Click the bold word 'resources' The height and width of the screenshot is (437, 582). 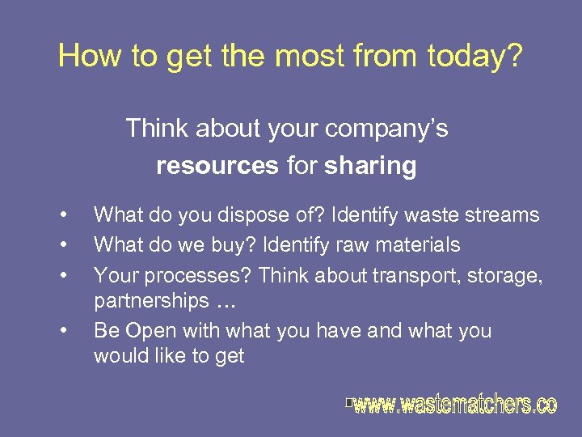[217, 167]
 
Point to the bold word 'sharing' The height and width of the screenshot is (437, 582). [371, 167]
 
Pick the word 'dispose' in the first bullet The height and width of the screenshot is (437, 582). [227, 215]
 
